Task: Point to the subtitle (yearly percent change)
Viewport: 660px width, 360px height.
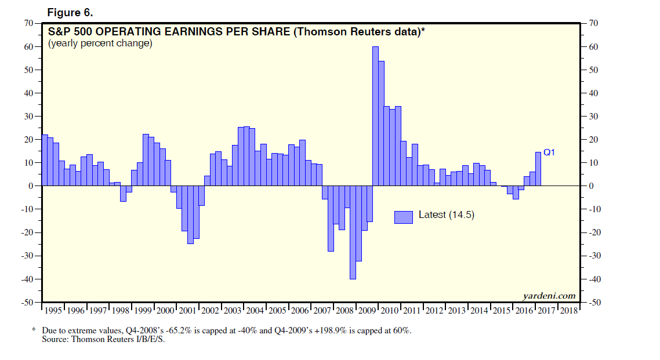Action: (100, 43)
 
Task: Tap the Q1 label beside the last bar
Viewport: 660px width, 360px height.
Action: (550, 152)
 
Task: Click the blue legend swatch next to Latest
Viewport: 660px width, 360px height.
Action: (404, 216)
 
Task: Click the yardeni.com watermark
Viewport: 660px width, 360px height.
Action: (549, 296)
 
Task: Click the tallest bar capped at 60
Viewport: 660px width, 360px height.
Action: (375, 116)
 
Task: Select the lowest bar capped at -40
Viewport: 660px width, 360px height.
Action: (353, 232)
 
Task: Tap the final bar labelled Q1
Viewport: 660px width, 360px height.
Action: (538, 169)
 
